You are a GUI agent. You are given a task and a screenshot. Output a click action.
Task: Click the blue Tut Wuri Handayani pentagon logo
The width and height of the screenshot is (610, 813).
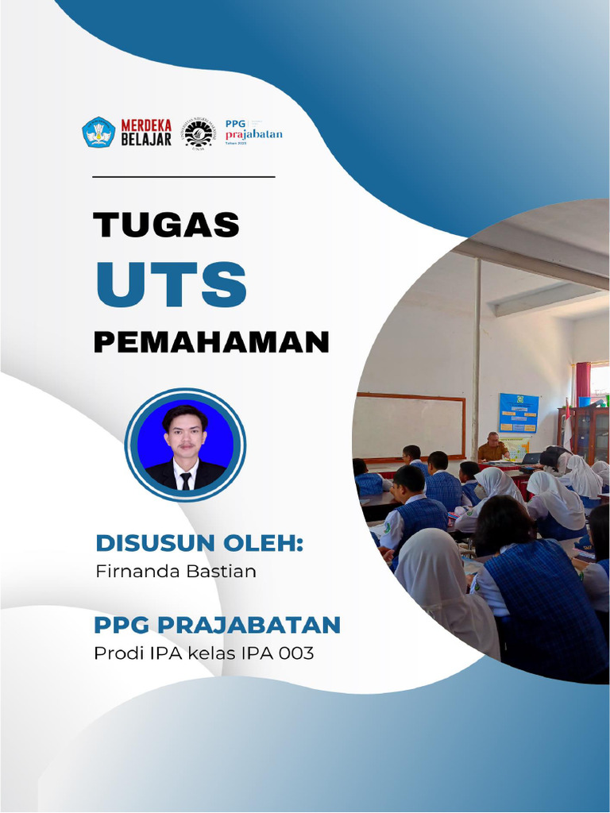(x=98, y=132)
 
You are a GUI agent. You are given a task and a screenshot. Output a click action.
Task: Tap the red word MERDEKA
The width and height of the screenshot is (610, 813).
(x=146, y=125)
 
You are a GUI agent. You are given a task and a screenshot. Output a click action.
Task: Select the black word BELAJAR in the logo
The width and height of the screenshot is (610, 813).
(x=146, y=140)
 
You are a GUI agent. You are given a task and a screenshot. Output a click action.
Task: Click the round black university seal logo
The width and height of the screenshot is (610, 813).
(x=198, y=133)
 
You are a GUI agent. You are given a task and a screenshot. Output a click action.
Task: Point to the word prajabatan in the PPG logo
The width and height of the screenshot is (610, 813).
(x=253, y=134)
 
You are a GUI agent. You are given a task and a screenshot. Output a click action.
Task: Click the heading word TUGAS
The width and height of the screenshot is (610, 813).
(x=166, y=225)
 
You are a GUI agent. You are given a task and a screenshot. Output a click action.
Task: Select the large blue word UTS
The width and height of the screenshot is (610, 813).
(x=171, y=283)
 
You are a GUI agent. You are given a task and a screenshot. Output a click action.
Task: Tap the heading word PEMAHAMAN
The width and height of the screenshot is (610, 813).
(x=211, y=342)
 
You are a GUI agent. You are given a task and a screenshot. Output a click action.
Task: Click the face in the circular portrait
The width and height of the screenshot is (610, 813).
(x=185, y=433)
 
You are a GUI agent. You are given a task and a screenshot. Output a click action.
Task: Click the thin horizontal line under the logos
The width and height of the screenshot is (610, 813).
(x=183, y=176)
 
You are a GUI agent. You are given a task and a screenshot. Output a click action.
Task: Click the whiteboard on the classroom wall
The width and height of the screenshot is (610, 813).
(x=409, y=426)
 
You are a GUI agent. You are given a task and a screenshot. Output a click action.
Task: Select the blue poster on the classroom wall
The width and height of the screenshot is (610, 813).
(x=518, y=413)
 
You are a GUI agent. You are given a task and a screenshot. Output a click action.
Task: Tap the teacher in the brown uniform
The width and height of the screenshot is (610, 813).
(x=492, y=449)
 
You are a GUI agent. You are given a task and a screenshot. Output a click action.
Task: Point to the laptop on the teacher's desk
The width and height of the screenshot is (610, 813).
(x=530, y=458)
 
